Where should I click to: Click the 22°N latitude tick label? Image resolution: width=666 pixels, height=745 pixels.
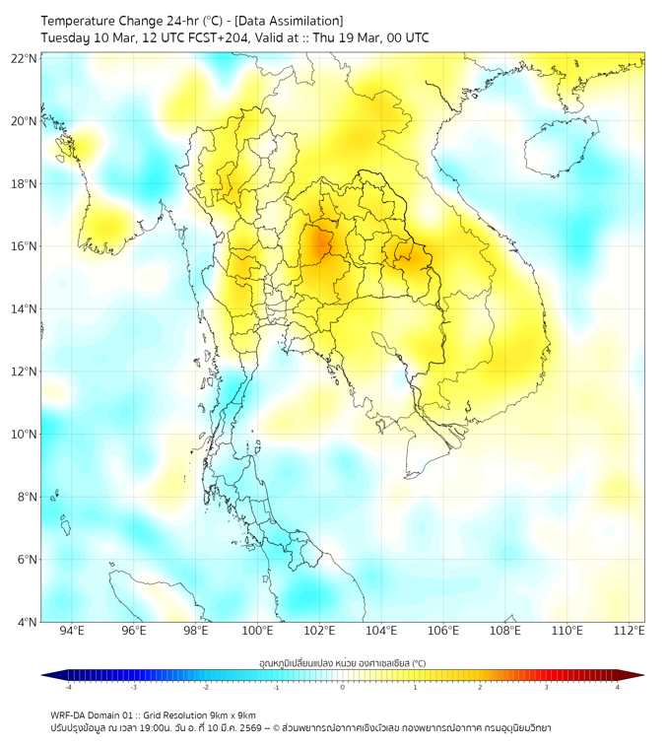(25, 59)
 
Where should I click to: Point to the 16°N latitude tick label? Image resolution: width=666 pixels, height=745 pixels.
(25, 246)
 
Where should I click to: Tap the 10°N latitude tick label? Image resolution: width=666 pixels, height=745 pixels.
(25, 435)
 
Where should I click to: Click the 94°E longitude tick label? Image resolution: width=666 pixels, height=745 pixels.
(72, 632)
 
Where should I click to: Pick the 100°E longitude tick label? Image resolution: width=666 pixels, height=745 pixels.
(258, 632)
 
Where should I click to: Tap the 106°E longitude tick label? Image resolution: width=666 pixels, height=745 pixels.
(443, 632)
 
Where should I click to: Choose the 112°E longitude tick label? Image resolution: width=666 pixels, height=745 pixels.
(630, 632)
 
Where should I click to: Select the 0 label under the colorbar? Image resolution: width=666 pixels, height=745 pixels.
(343, 688)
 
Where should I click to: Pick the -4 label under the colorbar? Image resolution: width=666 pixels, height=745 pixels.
(67, 688)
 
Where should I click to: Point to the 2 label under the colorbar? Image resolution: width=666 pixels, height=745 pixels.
(480, 688)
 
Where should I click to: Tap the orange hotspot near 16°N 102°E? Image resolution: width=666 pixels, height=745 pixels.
(318, 243)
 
